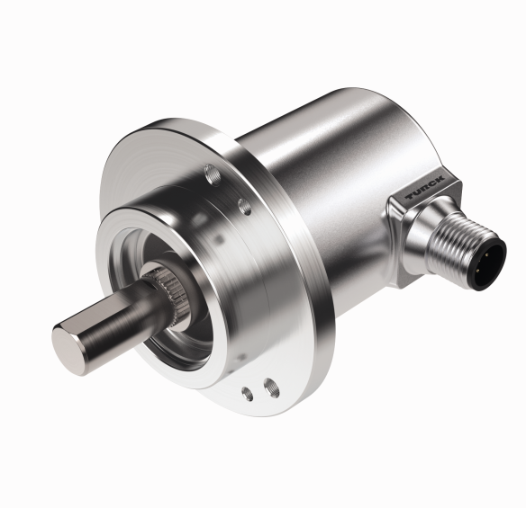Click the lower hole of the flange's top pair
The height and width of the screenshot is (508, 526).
coord(244,206)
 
